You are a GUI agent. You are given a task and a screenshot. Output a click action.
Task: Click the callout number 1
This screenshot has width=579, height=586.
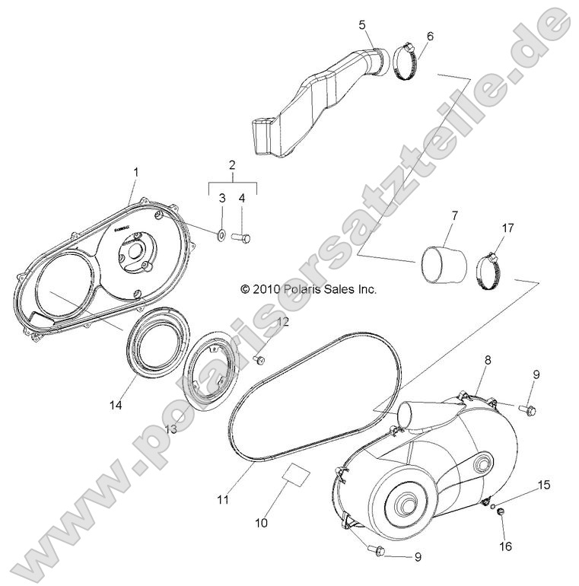[135, 173]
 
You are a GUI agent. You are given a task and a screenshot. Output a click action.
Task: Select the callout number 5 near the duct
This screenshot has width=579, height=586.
[363, 24]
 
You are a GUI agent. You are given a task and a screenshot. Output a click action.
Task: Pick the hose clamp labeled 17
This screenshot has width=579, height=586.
[492, 265]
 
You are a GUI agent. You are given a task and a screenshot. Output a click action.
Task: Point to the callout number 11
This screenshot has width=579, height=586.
[222, 500]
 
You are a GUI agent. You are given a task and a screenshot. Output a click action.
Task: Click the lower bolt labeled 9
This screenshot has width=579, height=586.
[377, 549]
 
